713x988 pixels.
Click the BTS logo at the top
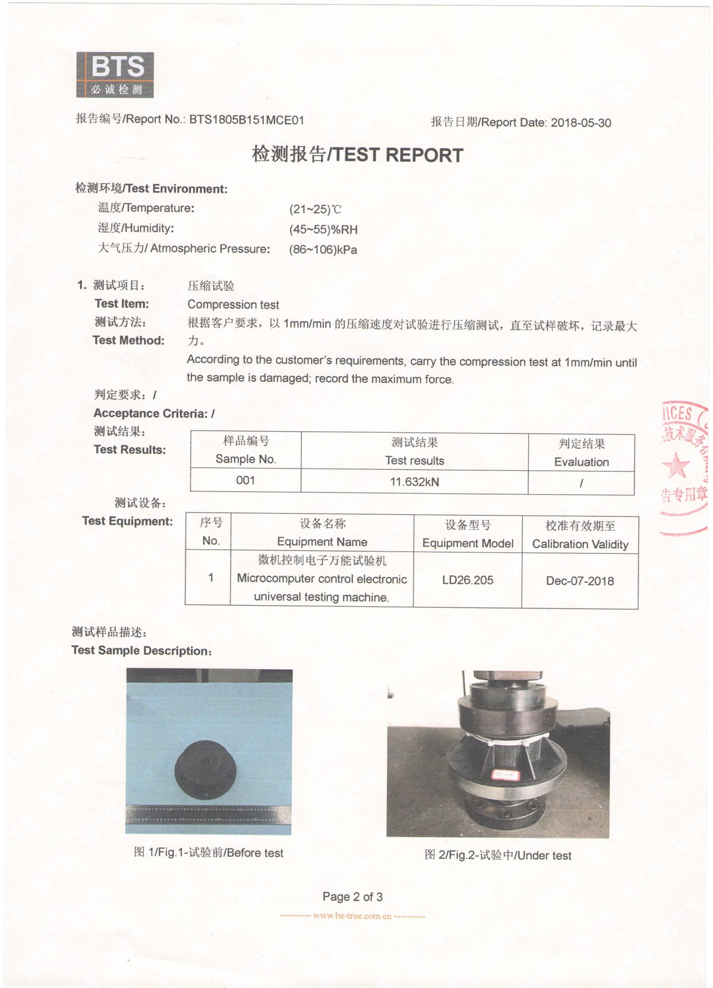(115, 75)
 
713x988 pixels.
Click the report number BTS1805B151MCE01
(247, 120)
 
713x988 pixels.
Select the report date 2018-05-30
(581, 123)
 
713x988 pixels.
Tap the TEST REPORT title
(357, 154)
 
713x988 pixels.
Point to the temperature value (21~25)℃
(316, 209)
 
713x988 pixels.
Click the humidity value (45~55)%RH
(323, 229)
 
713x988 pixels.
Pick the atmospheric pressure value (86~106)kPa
(323, 249)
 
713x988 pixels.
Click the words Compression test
(233, 305)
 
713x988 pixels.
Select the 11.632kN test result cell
(414, 482)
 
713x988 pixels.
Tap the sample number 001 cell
(245, 480)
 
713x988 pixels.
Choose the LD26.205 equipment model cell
(468, 580)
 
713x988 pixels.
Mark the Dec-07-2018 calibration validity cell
(580, 581)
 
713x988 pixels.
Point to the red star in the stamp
(676, 465)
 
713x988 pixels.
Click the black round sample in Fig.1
(206, 771)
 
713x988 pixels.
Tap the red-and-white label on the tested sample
(506, 774)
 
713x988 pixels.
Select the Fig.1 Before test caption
(209, 853)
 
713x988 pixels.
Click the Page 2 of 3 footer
(352, 897)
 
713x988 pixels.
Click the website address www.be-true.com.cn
(352, 916)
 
